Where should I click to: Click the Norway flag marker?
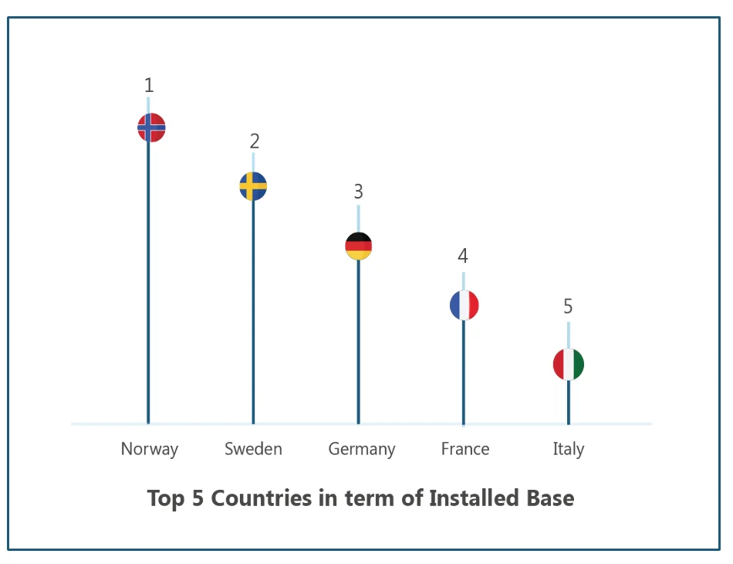point(151,127)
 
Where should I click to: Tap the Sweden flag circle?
point(253,186)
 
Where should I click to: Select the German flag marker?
point(358,246)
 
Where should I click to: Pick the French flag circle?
point(464,305)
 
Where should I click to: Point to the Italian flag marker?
point(569,365)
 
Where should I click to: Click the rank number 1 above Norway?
point(149,86)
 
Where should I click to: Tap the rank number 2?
point(254,141)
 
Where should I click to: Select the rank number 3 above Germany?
point(358,192)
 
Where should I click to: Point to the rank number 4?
point(463,256)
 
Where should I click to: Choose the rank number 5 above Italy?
point(568,307)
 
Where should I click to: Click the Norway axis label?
point(150,449)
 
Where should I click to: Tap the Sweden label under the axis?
point(253,449)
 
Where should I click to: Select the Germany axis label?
point(361,449)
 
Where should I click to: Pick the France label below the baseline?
point(465,449)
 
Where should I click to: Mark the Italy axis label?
point(569,449)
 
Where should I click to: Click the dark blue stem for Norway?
point(148,286)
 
